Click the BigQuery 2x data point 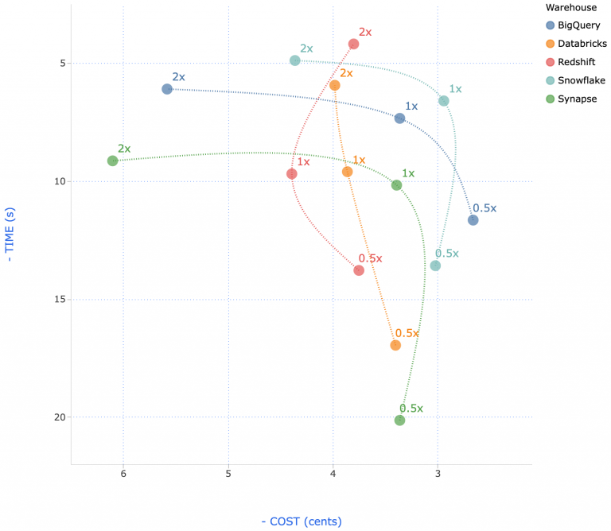point(167,89)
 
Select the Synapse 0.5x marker point(399,421)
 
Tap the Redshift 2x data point point(353,44)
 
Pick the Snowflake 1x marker point(444,101)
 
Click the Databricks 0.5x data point point(395,345)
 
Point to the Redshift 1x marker point(292,173)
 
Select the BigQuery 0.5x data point point(473,220)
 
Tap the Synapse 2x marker point(113,161)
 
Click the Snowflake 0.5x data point point(435,265)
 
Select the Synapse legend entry point(577,99)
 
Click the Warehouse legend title point(572,7)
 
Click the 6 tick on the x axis point(123,475)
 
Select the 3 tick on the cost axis point(438,475)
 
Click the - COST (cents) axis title point(302,521)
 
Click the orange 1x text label point(359,160)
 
